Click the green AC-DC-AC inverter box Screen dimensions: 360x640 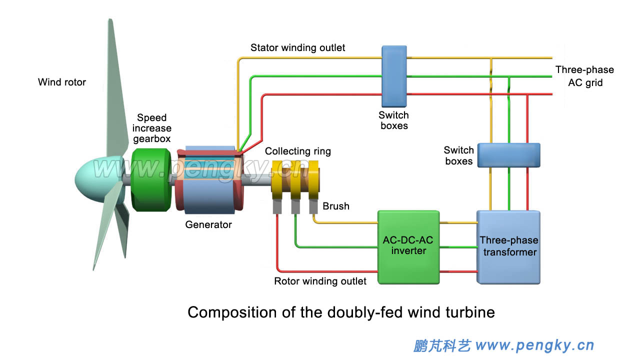(x=408, y=246)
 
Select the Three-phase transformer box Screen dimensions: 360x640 (x=508, y=247)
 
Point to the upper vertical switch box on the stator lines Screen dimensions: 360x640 (x=394, y=75)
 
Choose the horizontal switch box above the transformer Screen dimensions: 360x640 (x=508, y=155)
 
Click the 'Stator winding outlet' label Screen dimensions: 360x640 (x=297, y=48)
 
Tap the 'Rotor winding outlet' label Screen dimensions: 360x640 (x=320, y=281)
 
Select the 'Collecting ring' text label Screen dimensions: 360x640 (x=297, y=151)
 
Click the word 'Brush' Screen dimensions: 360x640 (x=335, y=206)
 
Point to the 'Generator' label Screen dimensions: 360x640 (x=208, y=224)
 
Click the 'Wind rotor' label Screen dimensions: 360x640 (x=62, y=82)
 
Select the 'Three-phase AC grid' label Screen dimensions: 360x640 (x=584, y=76)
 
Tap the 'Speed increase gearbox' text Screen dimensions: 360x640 (x=151, y=128)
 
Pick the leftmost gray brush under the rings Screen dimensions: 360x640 (x=277, y=206)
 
